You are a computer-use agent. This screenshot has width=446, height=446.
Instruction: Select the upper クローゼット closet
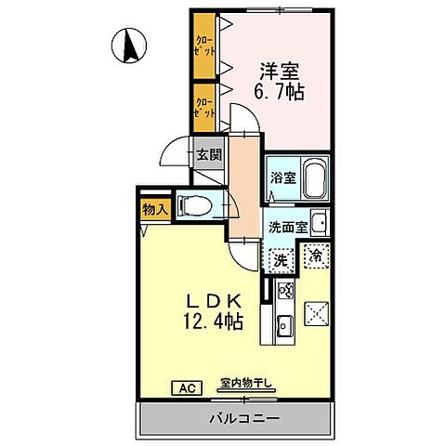click(203, 46)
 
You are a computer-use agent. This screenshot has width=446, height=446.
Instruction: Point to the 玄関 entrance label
click(206, 155)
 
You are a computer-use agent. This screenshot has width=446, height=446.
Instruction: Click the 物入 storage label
click(154, 211)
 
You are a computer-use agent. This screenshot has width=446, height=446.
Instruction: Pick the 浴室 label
click(282, 179)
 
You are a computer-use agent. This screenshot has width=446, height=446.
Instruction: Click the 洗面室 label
click(286, 226)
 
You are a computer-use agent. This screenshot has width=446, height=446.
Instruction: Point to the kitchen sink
click(283, 325)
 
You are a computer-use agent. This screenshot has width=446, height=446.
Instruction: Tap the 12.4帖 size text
click(213, 322)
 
